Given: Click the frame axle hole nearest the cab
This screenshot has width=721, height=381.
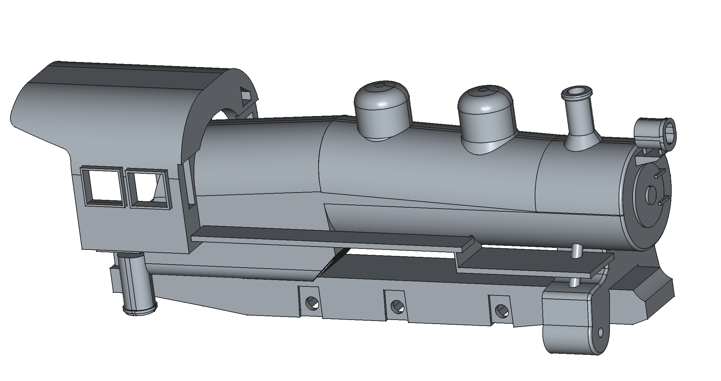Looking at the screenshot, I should coord(312,303).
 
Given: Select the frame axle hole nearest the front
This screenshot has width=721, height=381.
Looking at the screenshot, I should coord(501,310).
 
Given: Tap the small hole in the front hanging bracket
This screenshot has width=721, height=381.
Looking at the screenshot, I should coord(600,333).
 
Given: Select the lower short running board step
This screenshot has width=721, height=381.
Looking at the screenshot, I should coord(534,265).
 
